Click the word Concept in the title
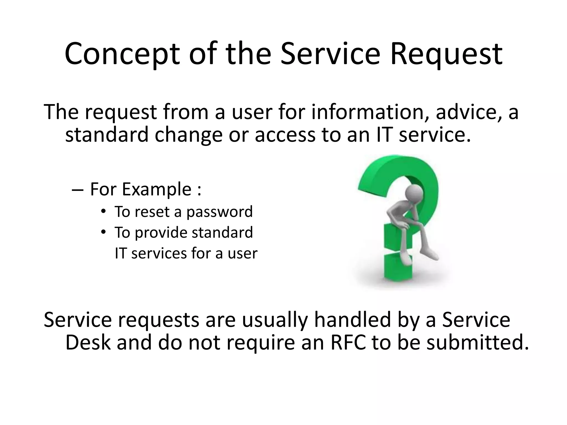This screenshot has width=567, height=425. coord(122,54)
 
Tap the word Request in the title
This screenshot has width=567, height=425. coord(446,54)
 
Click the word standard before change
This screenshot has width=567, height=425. coord(107,135)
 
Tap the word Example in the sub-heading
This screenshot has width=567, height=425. coord(156,190)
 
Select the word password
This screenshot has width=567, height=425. coord(219,212)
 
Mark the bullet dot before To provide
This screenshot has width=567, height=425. coord(104,232)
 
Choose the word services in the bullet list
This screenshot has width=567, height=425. coord(159,253)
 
